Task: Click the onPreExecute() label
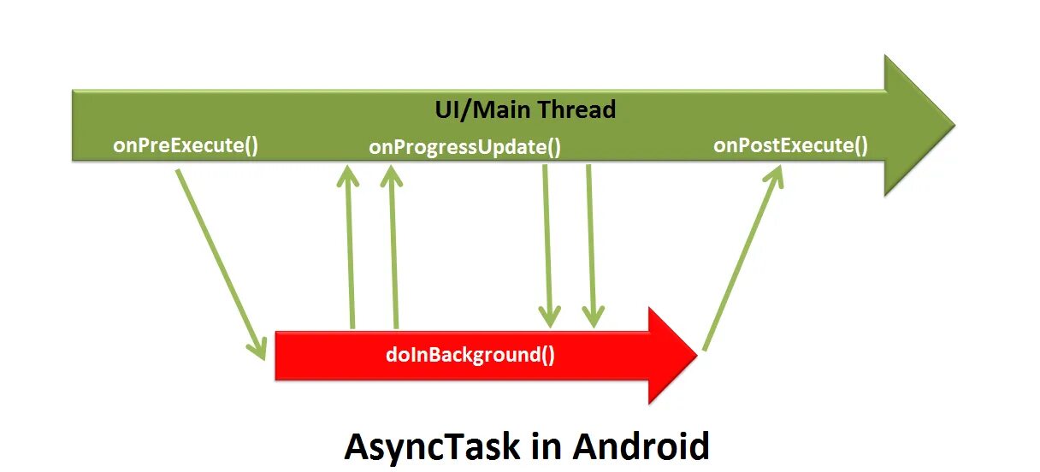point(186,145)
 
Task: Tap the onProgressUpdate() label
point(465,147)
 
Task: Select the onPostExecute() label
point(790,145)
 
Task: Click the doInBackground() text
point(470,353)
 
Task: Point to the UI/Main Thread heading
point(525,109)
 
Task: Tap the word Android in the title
point(641,446)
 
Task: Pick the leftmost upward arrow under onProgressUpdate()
point(349,248)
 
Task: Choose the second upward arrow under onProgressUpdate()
point(393,248)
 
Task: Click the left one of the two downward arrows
point(547,244)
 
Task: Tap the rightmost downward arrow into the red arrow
point(591,244)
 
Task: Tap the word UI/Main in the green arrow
point(482,109)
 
